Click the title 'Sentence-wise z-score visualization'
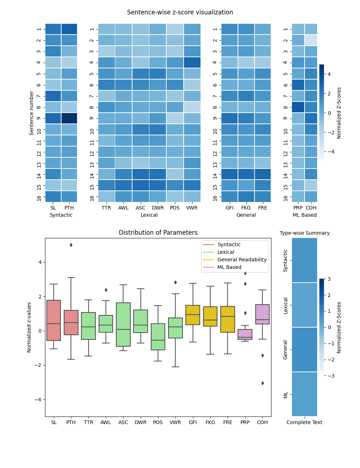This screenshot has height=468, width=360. point(180,12)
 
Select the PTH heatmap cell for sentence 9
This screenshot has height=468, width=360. point(69,118)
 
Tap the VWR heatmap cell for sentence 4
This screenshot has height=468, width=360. point(192,63)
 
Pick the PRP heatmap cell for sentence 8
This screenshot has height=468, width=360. point(298,107)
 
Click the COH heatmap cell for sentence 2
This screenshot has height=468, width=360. point(311,40)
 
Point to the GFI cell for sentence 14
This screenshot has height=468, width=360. point(230,174)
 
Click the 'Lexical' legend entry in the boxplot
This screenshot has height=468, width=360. point(226,252)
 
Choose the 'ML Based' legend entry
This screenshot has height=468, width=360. point(229,267)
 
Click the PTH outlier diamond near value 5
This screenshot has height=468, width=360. point(71,245)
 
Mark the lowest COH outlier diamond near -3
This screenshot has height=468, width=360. point(262,383)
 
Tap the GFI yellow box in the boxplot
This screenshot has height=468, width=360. point(193,315)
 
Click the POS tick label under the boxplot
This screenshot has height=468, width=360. point(158,422)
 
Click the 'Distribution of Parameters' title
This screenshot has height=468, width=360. point(158,233)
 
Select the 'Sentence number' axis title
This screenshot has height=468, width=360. point(32,113)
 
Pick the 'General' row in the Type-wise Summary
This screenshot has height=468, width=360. point(305,350)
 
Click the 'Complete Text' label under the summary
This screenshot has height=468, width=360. point(305,422)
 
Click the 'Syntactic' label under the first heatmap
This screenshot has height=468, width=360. point(61,215)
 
